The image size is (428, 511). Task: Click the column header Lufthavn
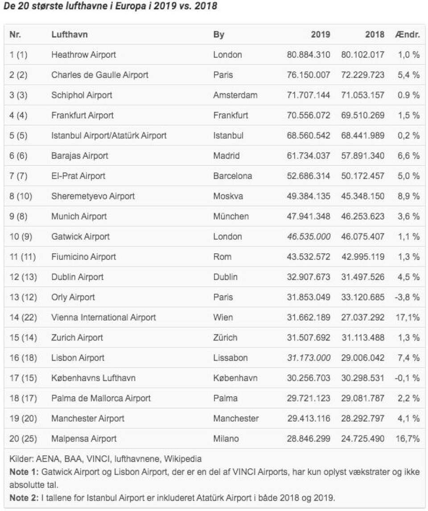(70, 35)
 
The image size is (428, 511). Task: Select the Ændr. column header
(407, 35)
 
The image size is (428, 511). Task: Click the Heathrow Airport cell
(84, 55)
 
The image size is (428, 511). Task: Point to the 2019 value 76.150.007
(309, 75)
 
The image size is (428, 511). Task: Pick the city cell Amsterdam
(235, 95)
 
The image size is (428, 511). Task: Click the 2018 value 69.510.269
(362, 115)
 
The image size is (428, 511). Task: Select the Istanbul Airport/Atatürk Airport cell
(109, 135)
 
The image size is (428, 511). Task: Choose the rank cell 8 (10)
(21, 196)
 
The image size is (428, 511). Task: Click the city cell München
(231, 216)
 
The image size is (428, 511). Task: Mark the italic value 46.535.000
(309, 236)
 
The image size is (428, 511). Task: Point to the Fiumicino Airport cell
(84, 257)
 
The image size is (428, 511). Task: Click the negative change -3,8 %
(407, 297)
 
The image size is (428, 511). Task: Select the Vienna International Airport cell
(104, 317)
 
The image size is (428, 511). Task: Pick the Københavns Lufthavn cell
(94, 378)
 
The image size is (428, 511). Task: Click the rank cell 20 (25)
(23, 438)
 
